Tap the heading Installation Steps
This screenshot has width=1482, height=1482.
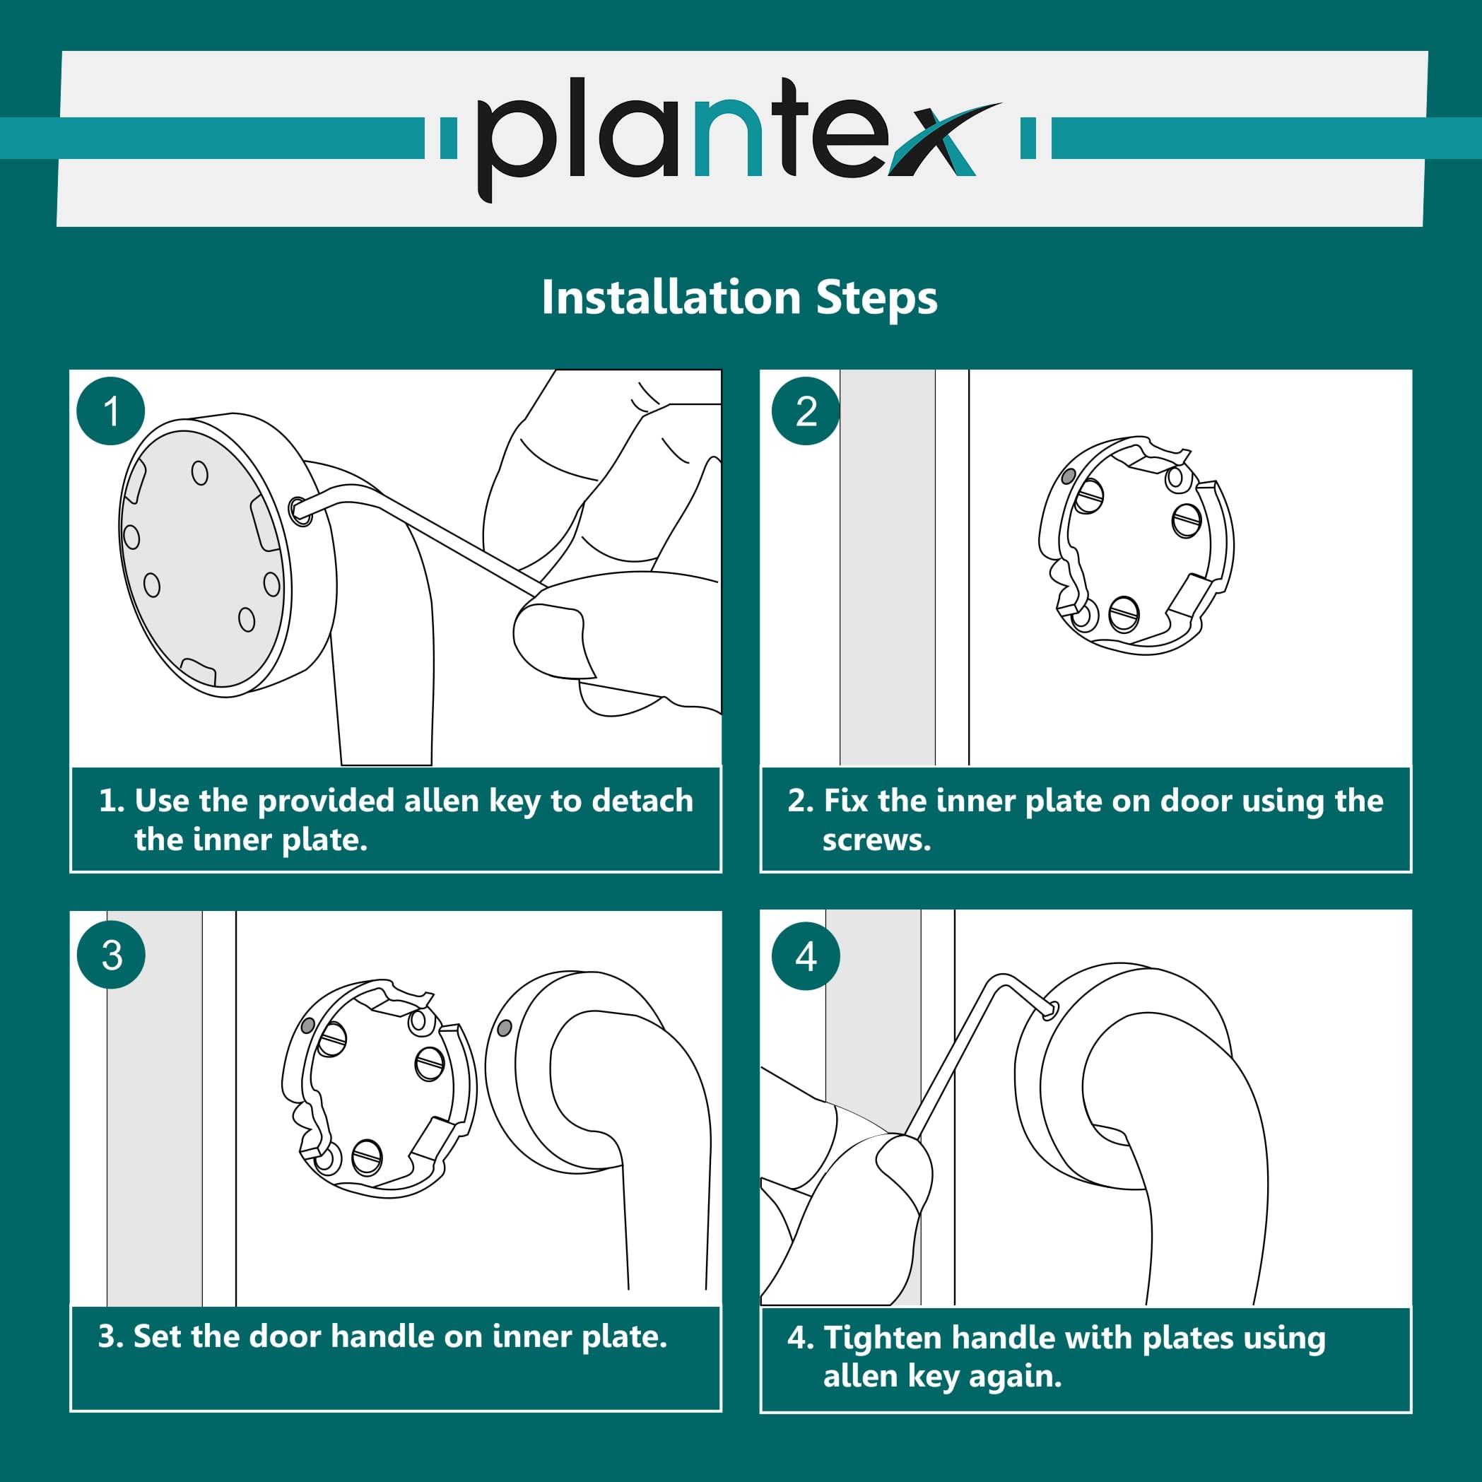(x=739, y=298)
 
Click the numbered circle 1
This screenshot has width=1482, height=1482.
(x=111, y=411)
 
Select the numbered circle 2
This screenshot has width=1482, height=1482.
(x=806, y=411)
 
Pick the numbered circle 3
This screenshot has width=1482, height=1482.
(x=111, y=955)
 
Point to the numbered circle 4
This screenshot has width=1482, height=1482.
(x=806, y=955)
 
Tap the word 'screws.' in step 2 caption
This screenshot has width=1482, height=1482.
(x=877, y=840)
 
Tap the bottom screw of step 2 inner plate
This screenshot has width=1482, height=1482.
(x=1124, y=613)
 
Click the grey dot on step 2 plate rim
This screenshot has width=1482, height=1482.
(x=1068, y=476)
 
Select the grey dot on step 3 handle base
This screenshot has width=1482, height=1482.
(x=505, y=1028)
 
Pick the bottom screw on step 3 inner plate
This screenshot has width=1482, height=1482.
(x=367, y=1157)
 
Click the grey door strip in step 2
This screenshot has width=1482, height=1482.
(x=888, y=567)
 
